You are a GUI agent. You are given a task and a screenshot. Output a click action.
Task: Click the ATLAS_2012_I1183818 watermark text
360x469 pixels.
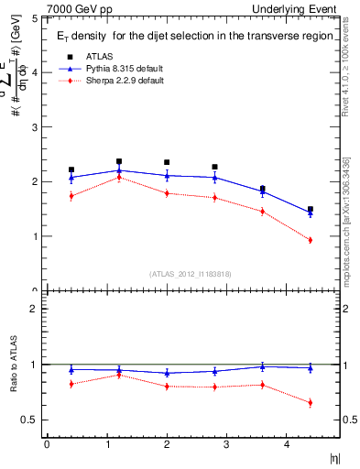point(190,273)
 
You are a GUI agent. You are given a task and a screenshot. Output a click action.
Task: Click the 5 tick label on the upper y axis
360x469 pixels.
point(34,18)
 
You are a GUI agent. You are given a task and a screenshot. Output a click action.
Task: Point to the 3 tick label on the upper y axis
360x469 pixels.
point(34,127)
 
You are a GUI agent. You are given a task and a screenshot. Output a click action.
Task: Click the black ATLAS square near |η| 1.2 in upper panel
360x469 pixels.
point(119,161)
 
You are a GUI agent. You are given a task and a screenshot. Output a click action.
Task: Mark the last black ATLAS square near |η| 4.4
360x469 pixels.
point(310,210)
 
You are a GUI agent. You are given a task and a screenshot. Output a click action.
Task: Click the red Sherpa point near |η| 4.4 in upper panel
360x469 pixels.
point(310,240)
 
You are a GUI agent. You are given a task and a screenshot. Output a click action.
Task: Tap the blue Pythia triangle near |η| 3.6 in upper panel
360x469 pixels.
point(262,191)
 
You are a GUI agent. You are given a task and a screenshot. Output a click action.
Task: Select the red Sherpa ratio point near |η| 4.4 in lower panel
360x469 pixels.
point(310,403)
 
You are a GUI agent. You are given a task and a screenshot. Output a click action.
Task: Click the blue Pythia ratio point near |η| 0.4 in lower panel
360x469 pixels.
point(71,370)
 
